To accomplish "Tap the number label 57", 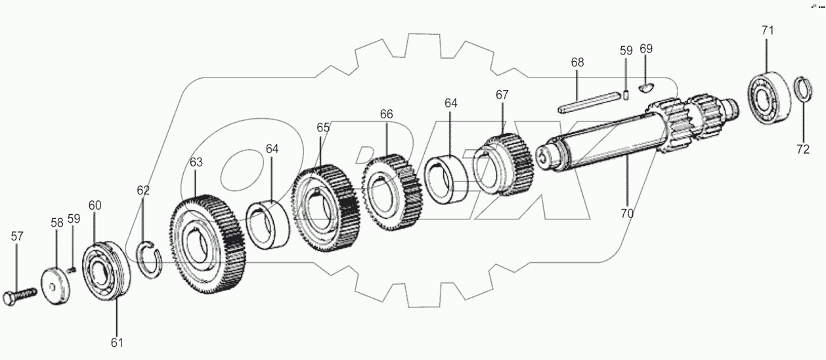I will point(17,236).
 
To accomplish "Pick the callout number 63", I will point(197,162).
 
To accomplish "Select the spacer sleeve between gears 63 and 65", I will point(269,227).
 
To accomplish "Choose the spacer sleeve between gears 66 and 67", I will point(446,177).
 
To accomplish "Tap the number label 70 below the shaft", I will point(626,213).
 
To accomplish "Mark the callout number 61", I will point(116,342).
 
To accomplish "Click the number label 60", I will point(95,206).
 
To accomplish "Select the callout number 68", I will point(577,62).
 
